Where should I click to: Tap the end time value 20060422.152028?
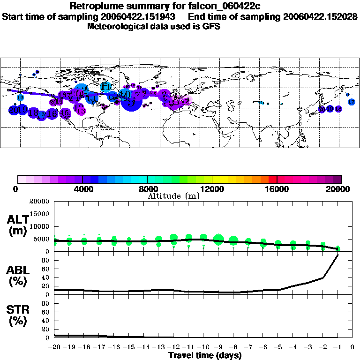pyautogui.click(x=321, y=16)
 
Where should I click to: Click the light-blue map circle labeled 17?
pyautogui.click(x=351, y=102)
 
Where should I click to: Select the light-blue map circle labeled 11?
pyautogui.click(x=106, y=87)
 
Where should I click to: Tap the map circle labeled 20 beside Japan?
pyautogui.click(x=322, y=109)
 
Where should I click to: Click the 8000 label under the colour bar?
pyautogui.click(x=147, y=189)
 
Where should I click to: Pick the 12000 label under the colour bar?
pyautogui.click(x=212, y=189)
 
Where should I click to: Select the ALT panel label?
pyautogui.click(x=18, y=225)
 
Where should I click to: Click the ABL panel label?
pyautogui.click(x=18, y=275)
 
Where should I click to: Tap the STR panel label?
pyautogui.click(x=18, y=315)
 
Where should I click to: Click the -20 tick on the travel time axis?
pyautogui.click(x=54, y=347)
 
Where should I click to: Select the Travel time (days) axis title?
pyautogui.click(x=205, y=355)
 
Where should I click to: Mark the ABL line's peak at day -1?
pyautogui.click(x=337, y=255)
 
